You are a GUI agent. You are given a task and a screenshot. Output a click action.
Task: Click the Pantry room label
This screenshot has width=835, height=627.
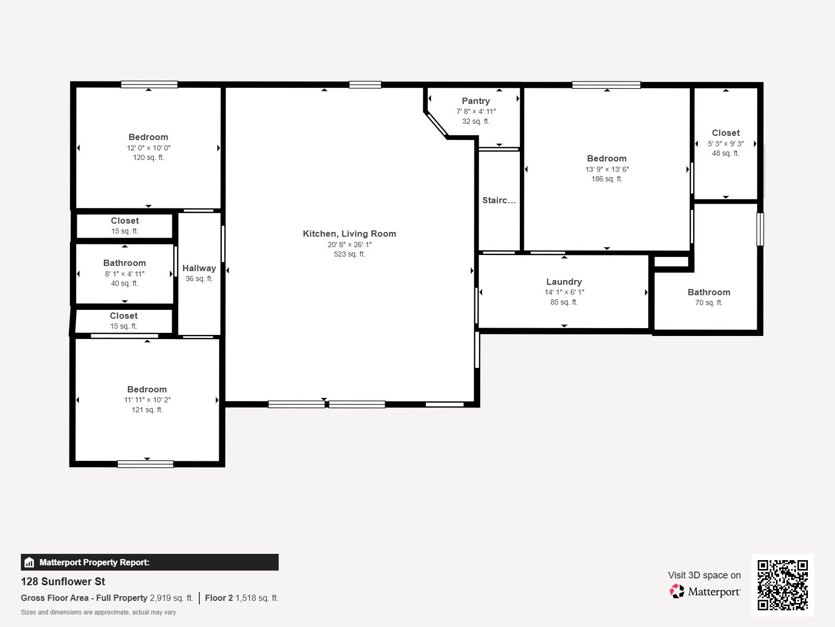[475, 101]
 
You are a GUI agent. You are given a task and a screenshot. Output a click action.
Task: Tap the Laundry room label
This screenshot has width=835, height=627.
[564, 282]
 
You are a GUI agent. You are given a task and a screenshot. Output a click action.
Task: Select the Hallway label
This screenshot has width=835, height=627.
[199, 268]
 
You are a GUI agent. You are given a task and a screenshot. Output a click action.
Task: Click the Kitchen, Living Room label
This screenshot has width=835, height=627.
[349, 234]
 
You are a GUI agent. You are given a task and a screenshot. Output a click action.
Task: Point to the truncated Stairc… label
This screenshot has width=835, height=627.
[499, 200]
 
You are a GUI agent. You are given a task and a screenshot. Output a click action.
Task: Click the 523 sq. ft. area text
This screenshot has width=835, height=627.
[349, 254]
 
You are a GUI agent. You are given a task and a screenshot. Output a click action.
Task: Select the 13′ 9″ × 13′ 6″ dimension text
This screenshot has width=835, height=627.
[606, 169]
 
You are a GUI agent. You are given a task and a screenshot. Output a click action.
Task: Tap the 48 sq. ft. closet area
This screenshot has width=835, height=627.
[725, 153]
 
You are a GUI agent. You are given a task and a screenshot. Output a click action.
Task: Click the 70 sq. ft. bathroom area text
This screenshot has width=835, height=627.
[708, 303]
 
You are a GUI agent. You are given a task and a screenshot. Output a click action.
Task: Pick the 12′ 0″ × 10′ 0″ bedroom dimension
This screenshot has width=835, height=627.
[148, 148]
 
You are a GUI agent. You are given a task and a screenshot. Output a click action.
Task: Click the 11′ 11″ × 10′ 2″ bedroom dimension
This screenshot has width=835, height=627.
[147, 400]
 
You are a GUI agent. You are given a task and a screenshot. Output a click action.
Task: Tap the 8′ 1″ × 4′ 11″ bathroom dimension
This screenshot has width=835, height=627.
[124, 274]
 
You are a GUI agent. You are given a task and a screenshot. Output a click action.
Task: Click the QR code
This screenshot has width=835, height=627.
[782, 585]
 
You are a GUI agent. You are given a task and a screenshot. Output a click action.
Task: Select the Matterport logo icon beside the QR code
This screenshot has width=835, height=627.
[677, 591]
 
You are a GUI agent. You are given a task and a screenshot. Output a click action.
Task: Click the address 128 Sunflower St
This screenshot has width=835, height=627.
[63, 582]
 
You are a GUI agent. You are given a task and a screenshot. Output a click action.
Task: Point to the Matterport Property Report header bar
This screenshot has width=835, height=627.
[149, 562]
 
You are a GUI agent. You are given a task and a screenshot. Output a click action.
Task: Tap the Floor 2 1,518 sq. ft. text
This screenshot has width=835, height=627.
[242, 598]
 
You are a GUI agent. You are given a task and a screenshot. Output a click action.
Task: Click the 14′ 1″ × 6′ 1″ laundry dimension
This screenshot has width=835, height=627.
[564, 293]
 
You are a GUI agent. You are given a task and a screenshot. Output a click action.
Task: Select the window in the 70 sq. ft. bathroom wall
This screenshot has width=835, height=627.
[760, 229]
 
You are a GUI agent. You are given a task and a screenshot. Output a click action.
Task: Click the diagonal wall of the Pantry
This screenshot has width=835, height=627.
[436, 125]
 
